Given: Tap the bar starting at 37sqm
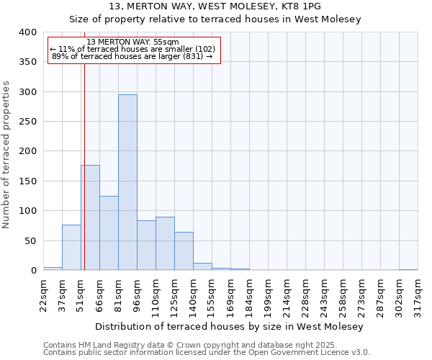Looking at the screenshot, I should pos(71,248).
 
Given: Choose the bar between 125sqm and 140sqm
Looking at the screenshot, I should pos(184,251).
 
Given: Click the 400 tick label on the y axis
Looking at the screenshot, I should pos(27,32).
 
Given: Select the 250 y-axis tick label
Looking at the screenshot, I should pos(27,122).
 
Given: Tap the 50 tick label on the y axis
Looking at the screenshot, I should pos(30,240).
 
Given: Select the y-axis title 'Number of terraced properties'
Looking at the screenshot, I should pos(7,154).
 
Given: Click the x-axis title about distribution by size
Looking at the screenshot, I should pos(230,326).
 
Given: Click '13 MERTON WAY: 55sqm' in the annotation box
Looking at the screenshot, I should pos(132,42).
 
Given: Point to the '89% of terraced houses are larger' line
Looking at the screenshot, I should pos(132,56).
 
